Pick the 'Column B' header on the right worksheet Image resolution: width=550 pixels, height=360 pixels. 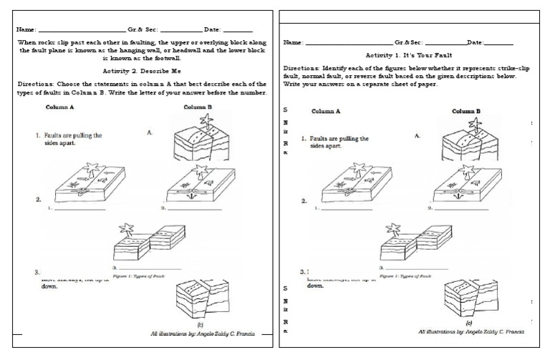coord(465,111)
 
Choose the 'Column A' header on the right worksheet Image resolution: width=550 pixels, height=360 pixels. coord(326,112)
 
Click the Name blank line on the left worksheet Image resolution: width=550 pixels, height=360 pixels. coord(79,30)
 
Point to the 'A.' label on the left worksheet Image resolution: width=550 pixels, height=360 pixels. coord(150,132)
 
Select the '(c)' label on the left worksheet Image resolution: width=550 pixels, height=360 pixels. coord(200,323)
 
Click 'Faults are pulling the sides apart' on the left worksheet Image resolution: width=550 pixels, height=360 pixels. coord(69,139)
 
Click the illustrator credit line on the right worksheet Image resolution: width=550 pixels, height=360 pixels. coord(471,332)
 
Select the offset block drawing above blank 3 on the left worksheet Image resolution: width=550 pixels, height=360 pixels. coord(148,244)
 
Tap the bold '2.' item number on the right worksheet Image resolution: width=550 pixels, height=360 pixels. coord(304,202)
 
